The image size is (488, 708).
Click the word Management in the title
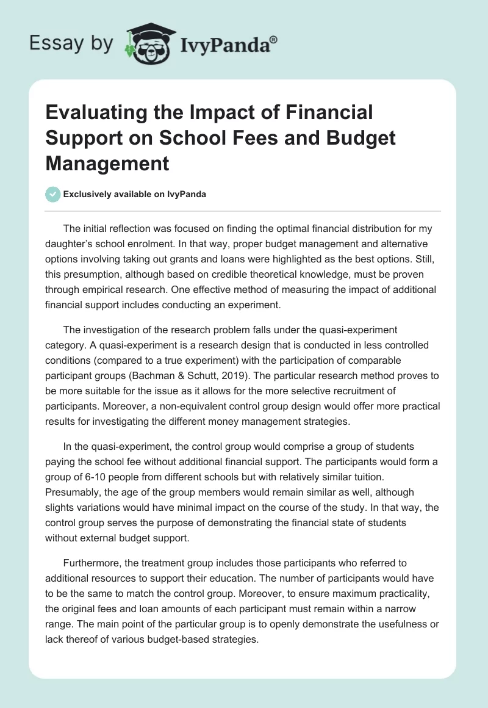pyautogui.click(x=107, y=164)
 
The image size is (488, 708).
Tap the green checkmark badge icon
pyautogui.click(x=53, y=194)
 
